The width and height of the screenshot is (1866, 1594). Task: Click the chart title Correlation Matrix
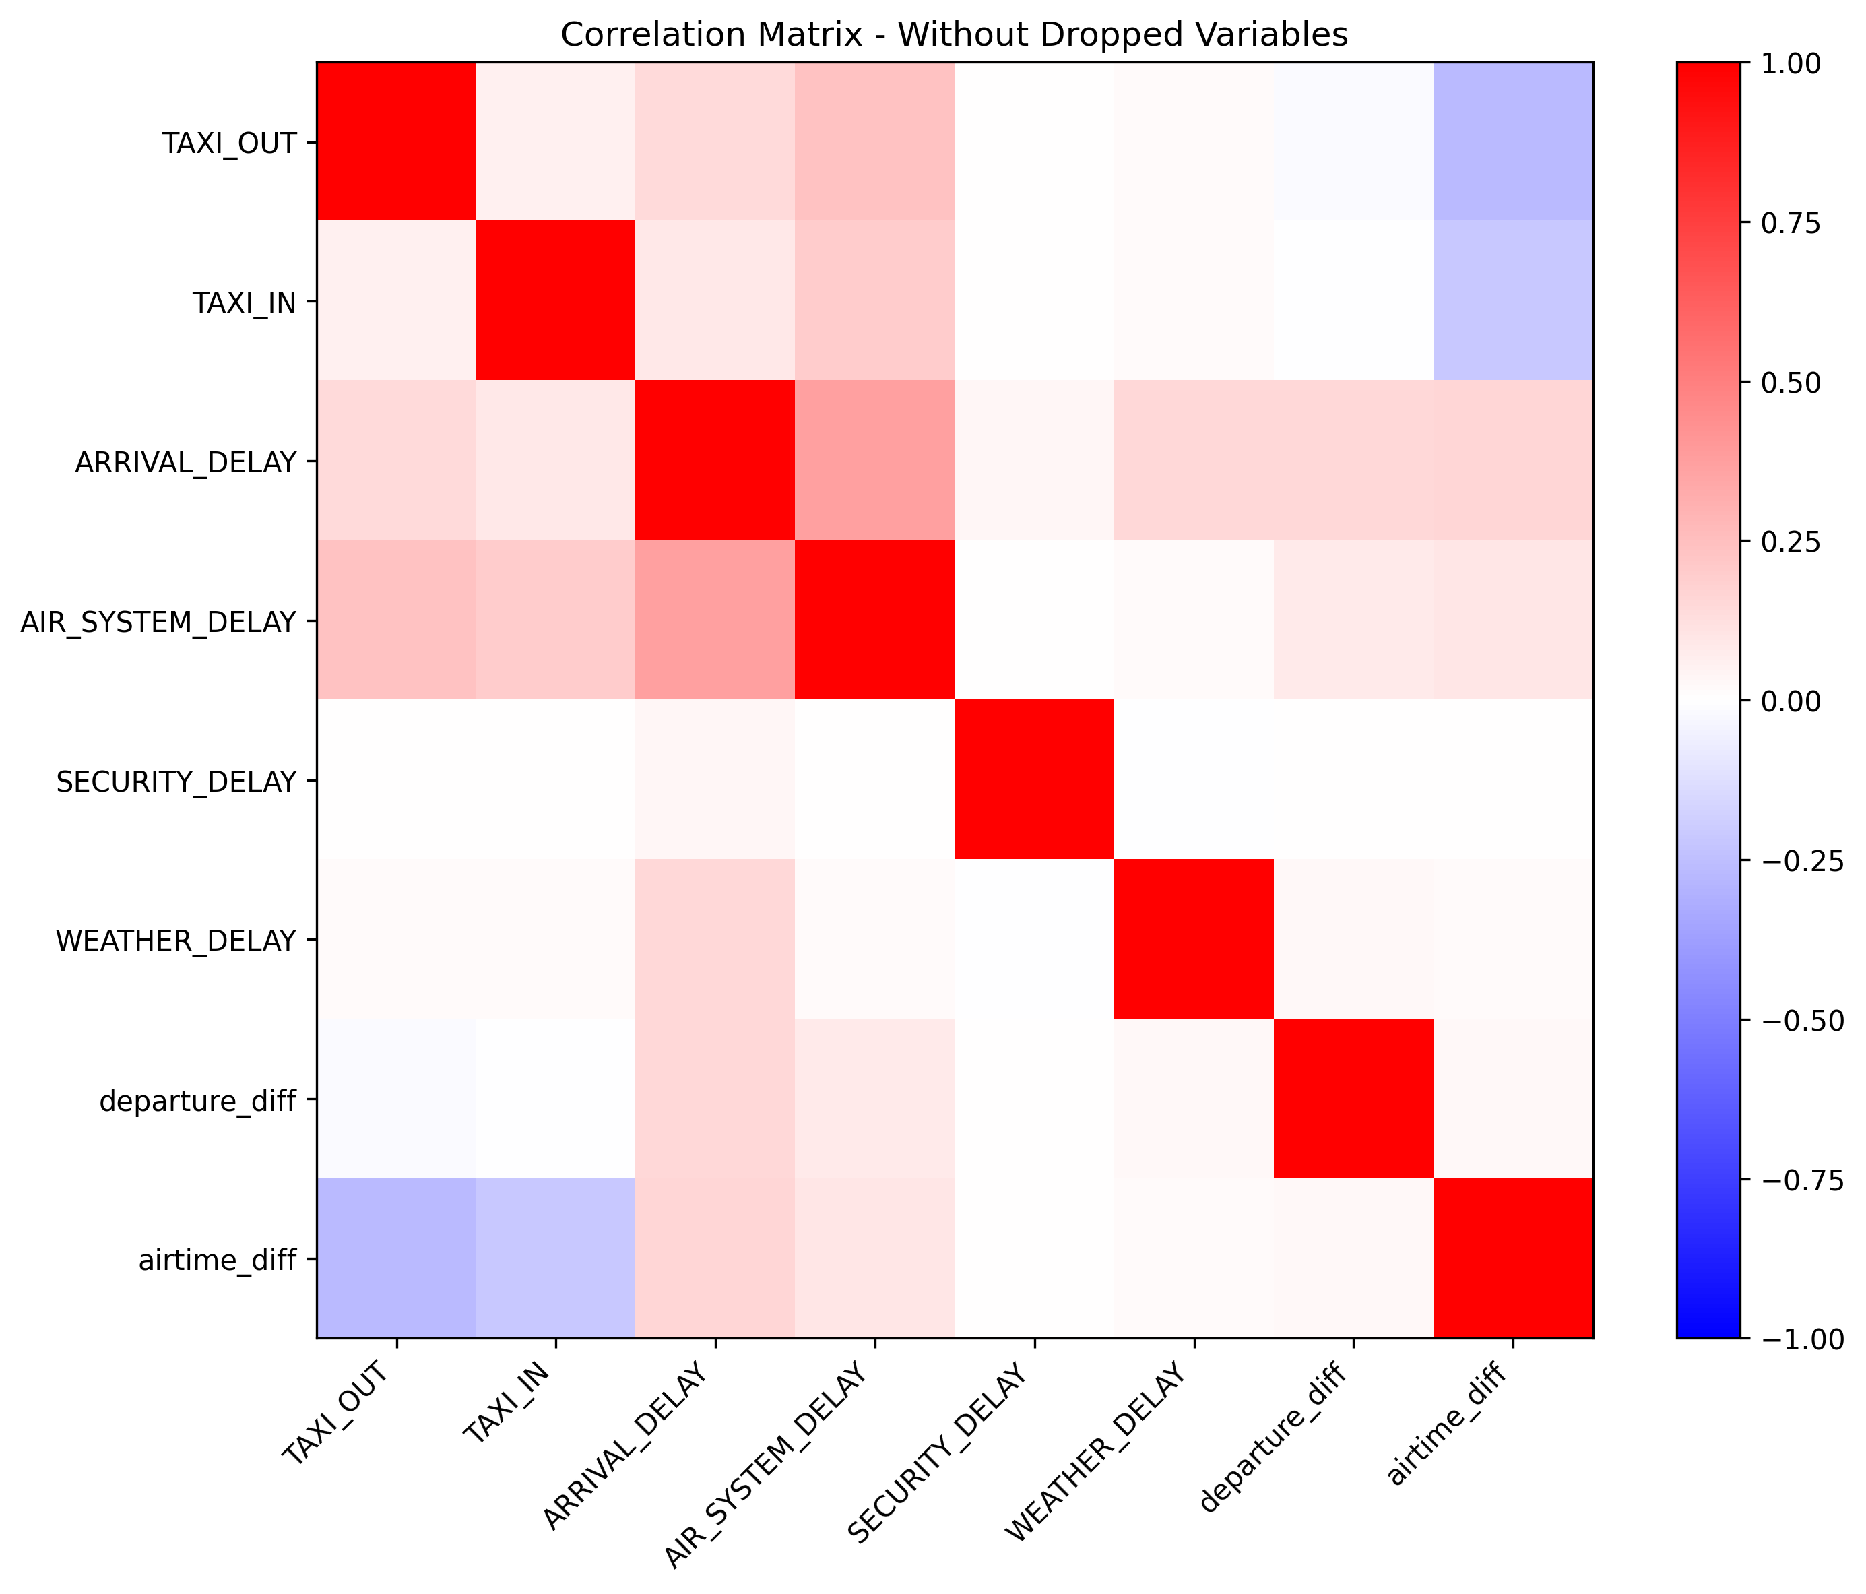(954, 34)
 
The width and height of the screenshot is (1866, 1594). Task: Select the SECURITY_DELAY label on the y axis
(176, 781)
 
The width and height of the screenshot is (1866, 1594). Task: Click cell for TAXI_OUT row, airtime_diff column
(1513, 142)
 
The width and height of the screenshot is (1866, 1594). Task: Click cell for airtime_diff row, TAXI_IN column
(556, 1258)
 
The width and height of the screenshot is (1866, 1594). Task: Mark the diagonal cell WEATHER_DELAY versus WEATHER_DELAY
(1193, 939)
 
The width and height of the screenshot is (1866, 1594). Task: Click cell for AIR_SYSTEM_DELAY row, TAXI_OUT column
(396, 620)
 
